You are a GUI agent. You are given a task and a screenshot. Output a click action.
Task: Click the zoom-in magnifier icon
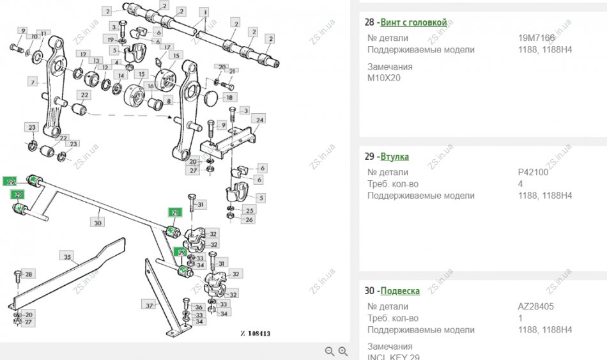coord(343,351)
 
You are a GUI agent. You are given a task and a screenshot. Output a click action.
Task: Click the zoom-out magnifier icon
coord(330,351)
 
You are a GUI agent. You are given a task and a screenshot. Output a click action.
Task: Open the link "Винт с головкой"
coord(413,22)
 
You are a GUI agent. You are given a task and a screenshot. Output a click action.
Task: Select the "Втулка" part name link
coord(394,157)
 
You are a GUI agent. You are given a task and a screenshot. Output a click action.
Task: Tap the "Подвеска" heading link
coord(400,291)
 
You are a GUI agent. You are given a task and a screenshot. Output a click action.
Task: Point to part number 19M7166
coord(537,38)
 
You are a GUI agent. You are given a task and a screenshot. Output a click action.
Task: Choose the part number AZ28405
coord(535,306)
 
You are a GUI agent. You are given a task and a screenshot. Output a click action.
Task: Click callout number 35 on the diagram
coord(66,256)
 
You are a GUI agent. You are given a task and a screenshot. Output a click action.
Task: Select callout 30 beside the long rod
coord(97,223)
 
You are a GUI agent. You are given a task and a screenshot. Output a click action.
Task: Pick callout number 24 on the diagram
coord(259,120)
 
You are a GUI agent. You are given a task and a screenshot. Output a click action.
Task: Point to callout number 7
coord(31,82)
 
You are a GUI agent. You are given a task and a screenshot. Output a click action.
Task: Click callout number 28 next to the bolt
coord(29,274)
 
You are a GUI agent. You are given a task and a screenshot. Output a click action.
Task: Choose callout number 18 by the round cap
coord(229,97)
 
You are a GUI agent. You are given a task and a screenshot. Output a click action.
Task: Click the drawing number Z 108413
coord(256,333)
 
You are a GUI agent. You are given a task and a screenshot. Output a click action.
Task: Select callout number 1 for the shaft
coord(204,12)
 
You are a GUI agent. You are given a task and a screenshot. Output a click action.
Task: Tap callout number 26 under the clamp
coord(249,220)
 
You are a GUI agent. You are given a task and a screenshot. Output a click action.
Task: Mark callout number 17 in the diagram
coord(167,47)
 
